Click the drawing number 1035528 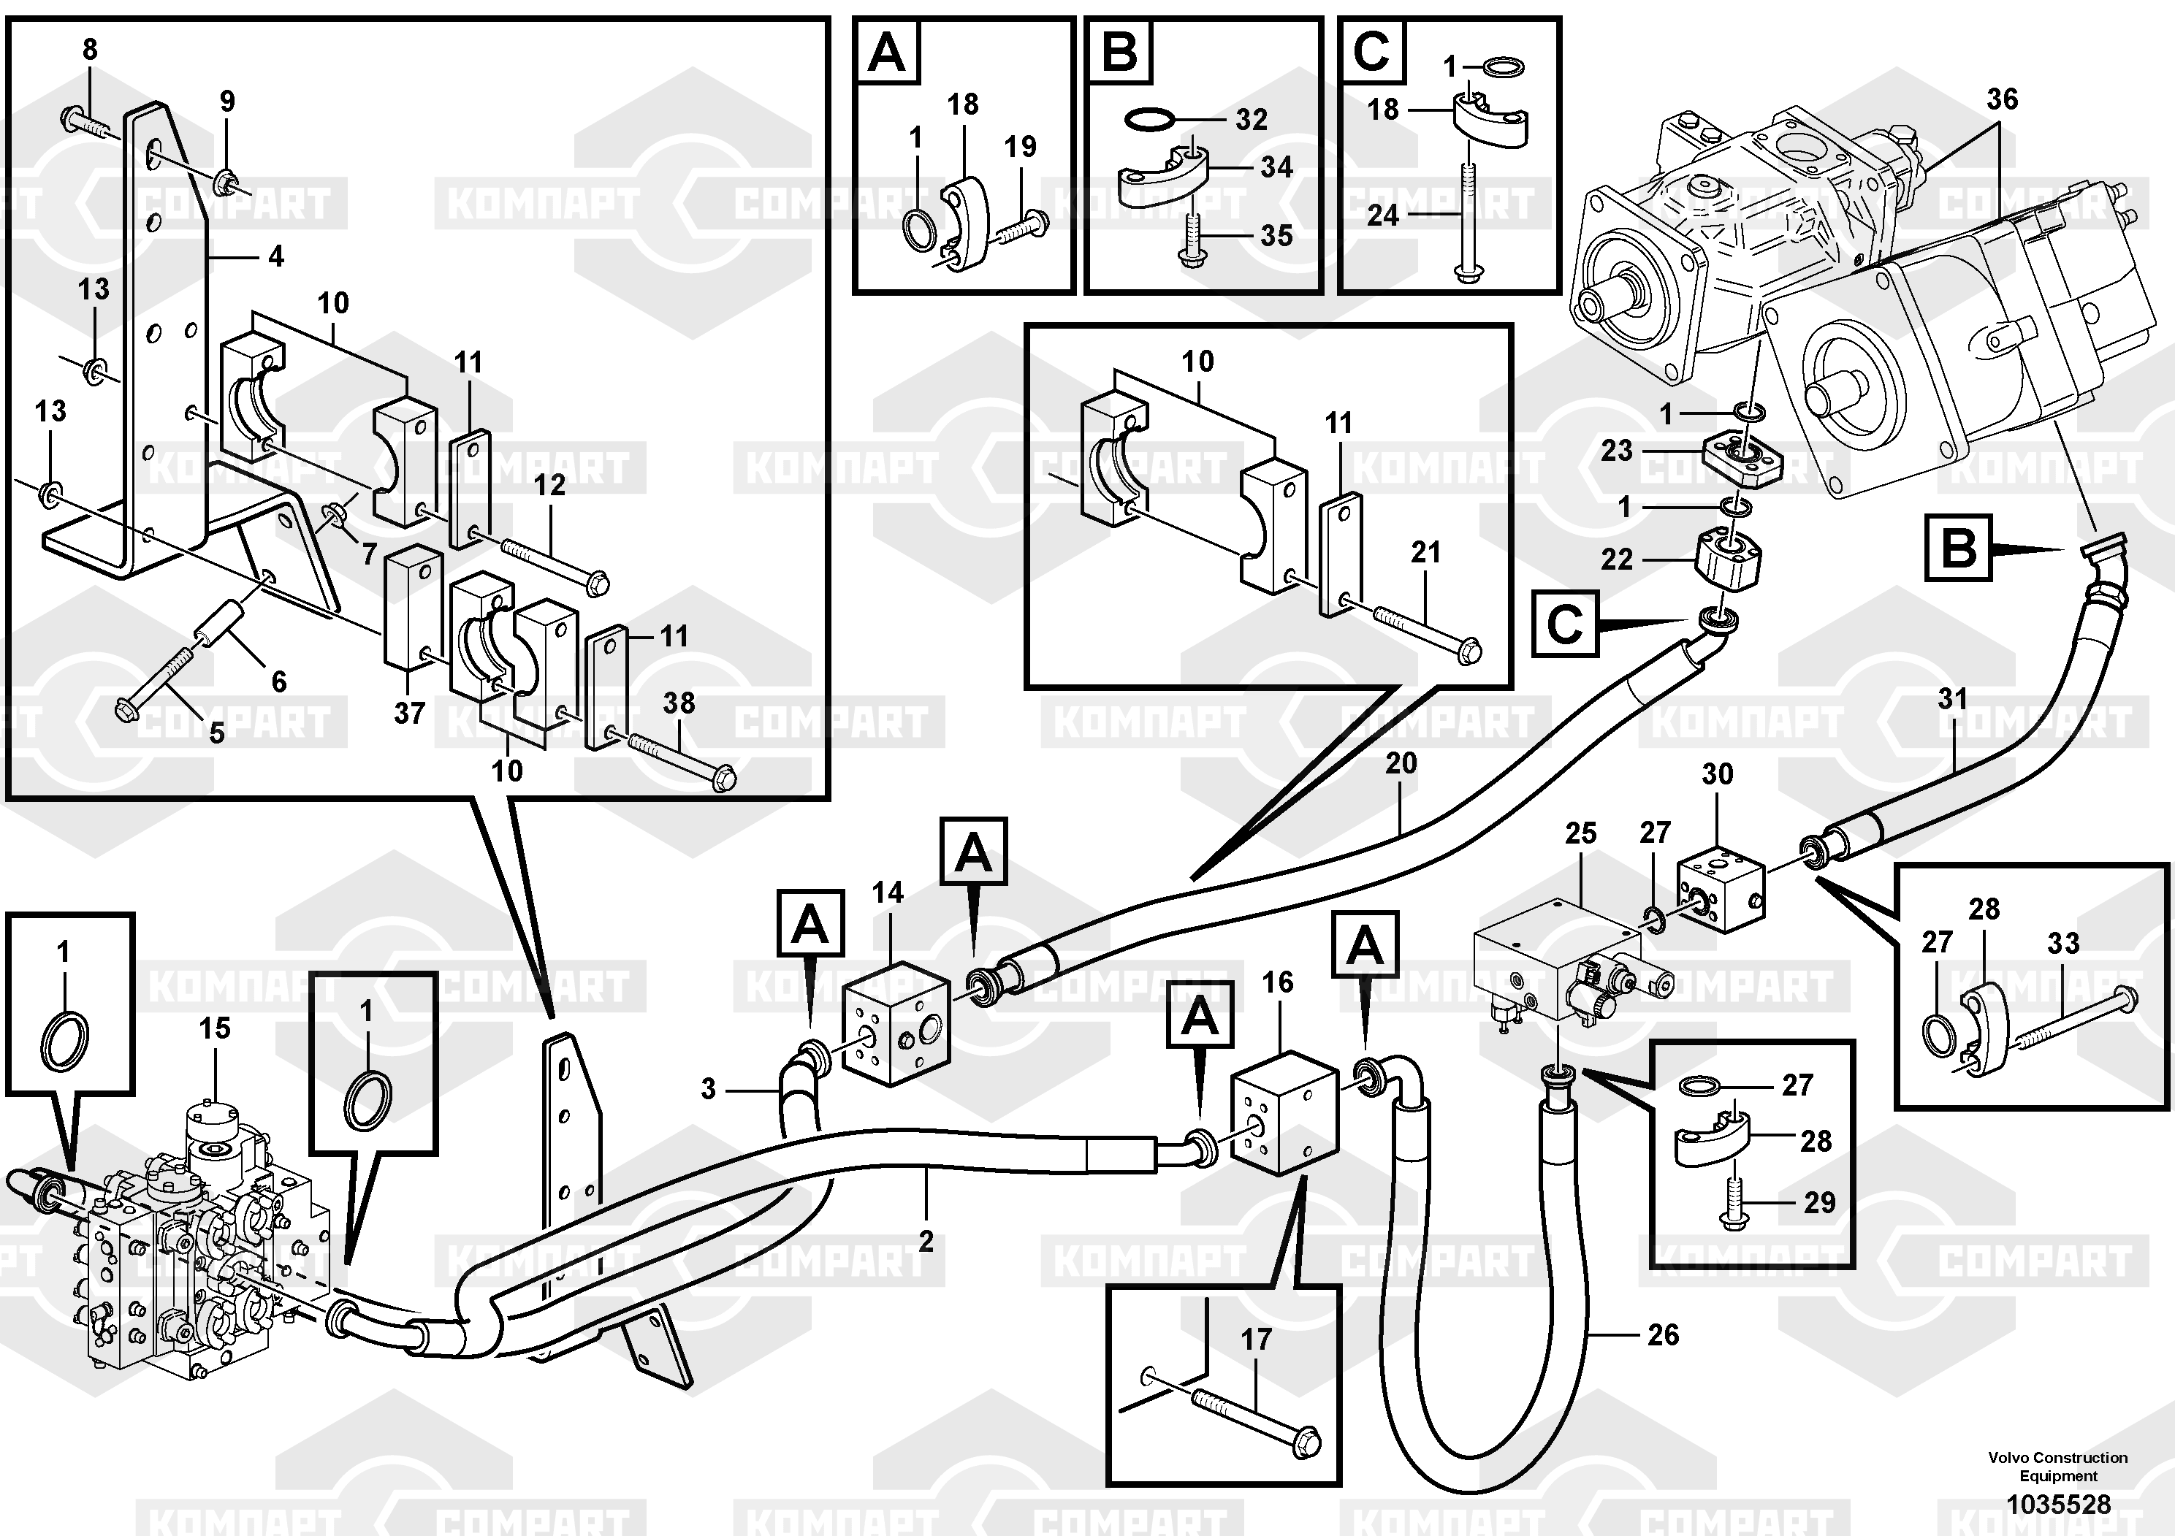click(x=2057, y=1505)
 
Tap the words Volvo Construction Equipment click(x=2057, y=1466)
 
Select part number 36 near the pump click(x=2002, y=99)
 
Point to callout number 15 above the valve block click(x=214, y=1028)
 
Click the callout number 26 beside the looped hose click(x=1663, y=1335)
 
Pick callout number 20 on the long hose click(x=1401, y=763)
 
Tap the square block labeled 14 click(x=895, y=1023)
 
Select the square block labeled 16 click(x=1284, y=1112)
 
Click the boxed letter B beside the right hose click(x=1958, y=547)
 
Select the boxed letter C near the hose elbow click(x=1565, y=624)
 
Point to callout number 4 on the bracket click(x=275, y=256)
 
